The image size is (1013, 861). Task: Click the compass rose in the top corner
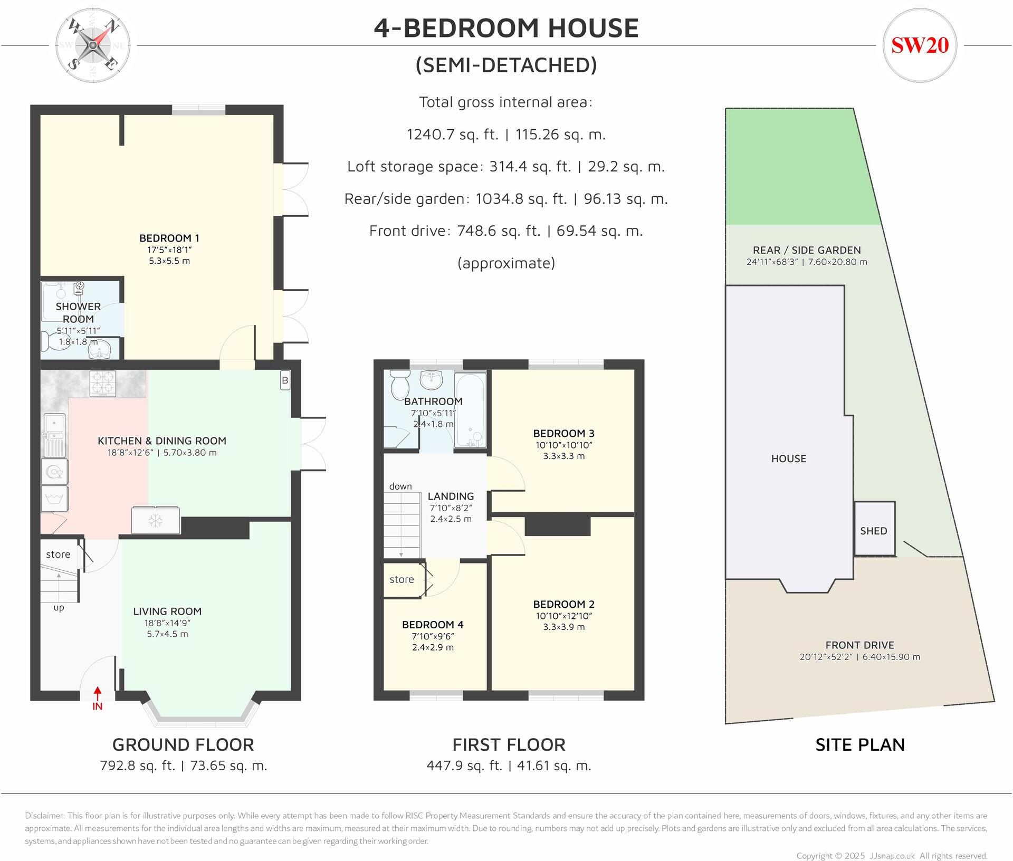pos(93,46)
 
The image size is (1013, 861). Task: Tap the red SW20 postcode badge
pos(920,45)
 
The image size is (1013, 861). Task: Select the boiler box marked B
pos(285,380)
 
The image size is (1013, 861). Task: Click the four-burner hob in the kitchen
pos(103,384)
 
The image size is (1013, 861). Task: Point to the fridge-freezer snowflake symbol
pos(155,520)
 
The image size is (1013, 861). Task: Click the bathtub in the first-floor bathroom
pos(470,410)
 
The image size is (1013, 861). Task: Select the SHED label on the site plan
pos(874,531)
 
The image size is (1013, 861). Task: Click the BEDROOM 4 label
pos(433,625)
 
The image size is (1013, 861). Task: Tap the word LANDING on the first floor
pos(451,496)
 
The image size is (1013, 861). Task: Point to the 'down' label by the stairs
pos(400,486)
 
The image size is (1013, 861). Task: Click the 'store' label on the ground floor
pos(58,554)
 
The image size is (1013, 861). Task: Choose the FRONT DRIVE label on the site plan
pos(859,645)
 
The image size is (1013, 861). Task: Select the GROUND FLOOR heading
pos(183,744)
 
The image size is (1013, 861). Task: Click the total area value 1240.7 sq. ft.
pos(452,135)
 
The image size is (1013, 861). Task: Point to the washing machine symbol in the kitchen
pos(55,499)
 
